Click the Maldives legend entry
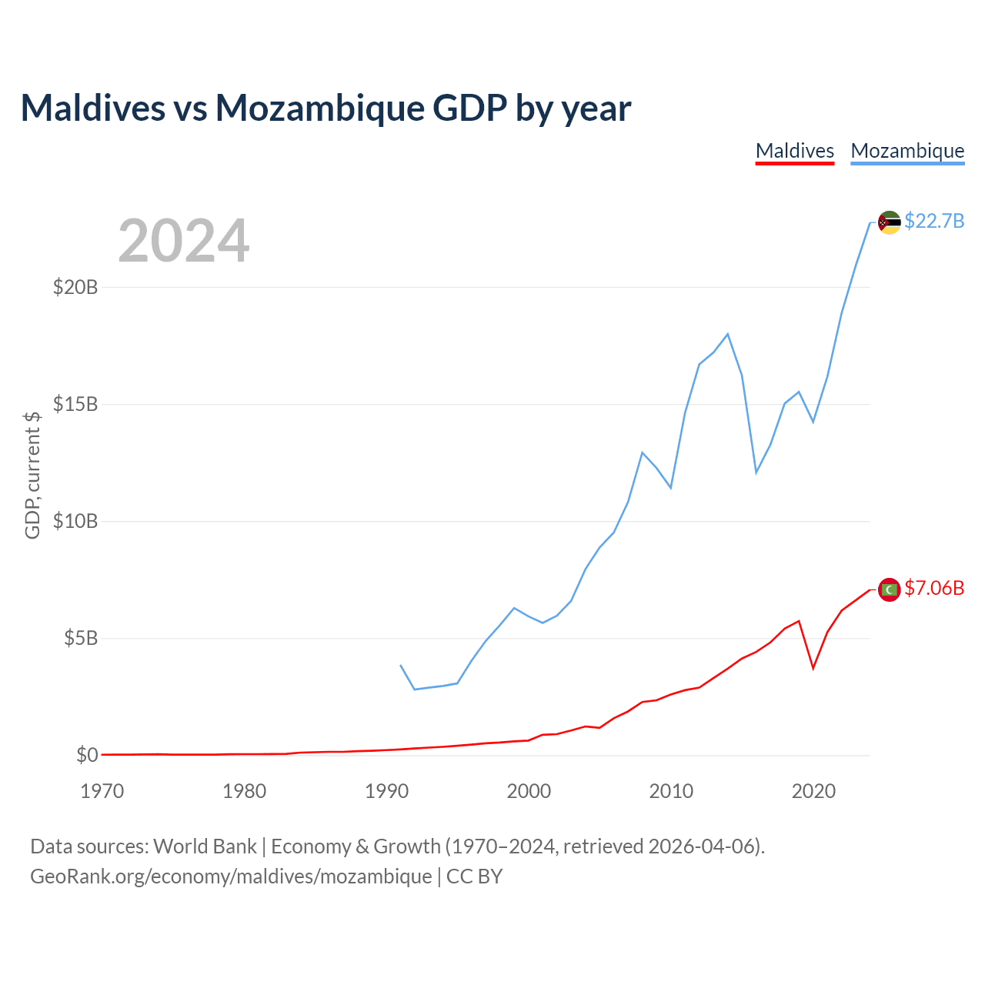coord(795,151)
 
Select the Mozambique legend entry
coord(907,151)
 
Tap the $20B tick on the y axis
coord(75,287)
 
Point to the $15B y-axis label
coord(75,404)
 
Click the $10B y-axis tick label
coord(75,521)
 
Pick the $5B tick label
coord(81,638)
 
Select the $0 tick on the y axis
coord(87,755)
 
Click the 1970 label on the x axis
coord(102,791)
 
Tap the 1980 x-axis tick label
coord(245,791)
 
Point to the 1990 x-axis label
coord(386,791)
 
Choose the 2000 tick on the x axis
coord(529,791)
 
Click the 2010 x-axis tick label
coord(671,791)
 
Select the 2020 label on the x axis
coord(813,791)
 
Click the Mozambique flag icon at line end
coord(889,222)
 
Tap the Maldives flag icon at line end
coord(889,589)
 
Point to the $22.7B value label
coord(934,222)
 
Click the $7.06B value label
coord(934,589)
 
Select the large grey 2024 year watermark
coord(183,241)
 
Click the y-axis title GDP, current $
coord(32,475)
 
